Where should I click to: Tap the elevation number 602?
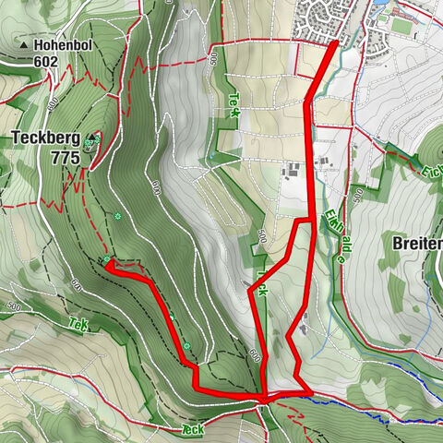[43, 62]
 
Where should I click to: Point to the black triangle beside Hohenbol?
[23, 44]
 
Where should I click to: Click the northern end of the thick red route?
[333, 42]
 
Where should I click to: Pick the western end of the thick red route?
[107, 265]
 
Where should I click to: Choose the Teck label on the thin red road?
[192, 430]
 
